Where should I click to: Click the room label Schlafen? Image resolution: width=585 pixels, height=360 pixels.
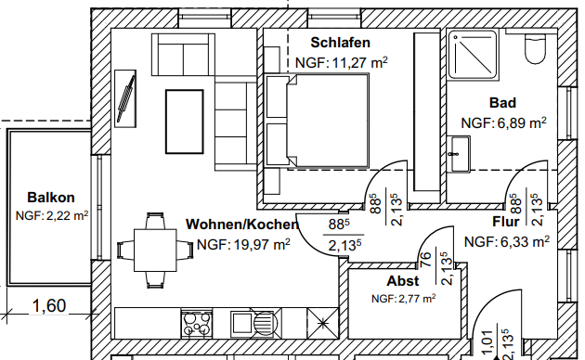(x=340, y=43)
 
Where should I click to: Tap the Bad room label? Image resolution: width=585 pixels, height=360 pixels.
(x=502, y=103)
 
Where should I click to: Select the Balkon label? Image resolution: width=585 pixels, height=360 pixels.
(x=51, y=198)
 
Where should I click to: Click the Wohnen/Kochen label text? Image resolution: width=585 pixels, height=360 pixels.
(x=242, y=225)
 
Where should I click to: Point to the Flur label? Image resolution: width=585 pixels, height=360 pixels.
(x=510, y=223)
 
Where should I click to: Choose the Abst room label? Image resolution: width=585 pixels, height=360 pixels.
(x=403, y=280)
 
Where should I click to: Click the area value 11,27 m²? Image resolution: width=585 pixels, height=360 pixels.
(x=341, y=62)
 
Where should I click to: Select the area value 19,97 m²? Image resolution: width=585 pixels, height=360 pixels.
(x=243, y=244)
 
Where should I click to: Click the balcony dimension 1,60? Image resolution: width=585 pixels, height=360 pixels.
(x=48, y=304)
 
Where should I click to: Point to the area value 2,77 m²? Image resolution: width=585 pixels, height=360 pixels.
(x=403, y=299)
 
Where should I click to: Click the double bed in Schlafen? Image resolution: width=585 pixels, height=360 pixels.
(x=320, y=122)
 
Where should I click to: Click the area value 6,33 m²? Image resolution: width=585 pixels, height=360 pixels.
(x=507, y=242)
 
